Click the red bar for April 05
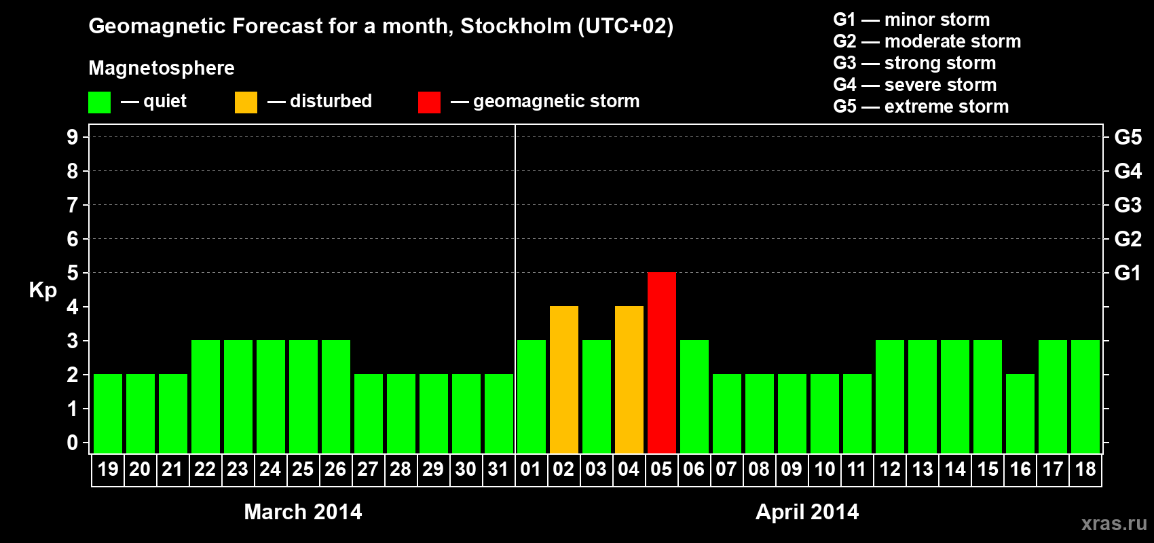[661, 362]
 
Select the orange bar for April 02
[563, 379]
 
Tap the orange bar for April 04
[629, 379]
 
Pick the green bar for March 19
[108, 413]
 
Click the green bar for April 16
[1020, 413]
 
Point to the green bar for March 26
[335, 396]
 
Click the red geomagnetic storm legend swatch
[429, 102]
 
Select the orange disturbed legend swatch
[246, 102]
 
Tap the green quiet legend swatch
[99, 102]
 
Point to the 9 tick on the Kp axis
[73, 137]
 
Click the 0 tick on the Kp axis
[73, 443]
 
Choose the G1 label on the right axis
[1128, 273]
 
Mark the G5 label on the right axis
[1128, 137]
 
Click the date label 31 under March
[498, 469]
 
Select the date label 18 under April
[1085, 469]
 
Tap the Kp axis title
[43, 290]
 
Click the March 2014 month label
[303, 512]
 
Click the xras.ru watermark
[1113, 523]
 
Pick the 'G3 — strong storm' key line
[914, 63]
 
